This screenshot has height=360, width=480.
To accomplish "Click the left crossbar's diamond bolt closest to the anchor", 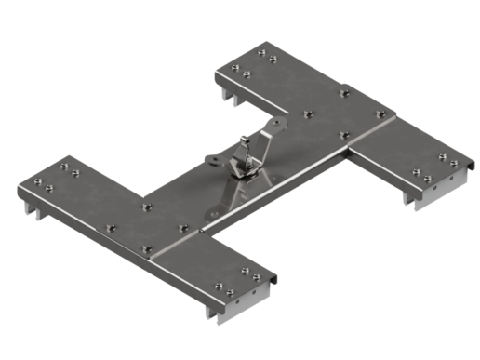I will coord(184,224).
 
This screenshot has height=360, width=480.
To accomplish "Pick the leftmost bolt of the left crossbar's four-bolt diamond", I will coord(109,224).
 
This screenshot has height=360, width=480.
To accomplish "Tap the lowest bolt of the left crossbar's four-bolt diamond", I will coord(147,248).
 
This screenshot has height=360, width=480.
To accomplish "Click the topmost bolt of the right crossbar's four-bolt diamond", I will coord(308,115).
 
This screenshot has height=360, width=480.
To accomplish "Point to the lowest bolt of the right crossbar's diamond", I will coord(344,136).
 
